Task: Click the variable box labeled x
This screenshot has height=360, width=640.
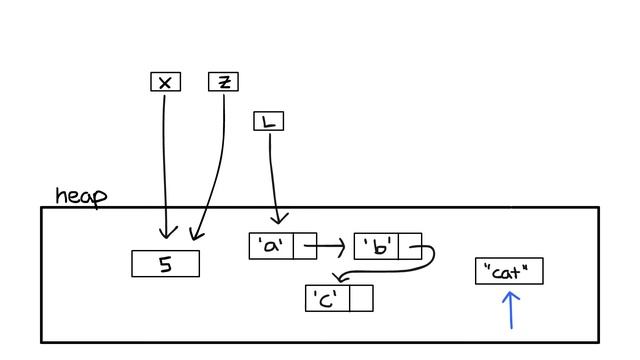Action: pos(165,82)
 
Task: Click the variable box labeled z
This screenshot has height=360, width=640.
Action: pos(223,81)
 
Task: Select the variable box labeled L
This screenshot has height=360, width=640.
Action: pos(268,122)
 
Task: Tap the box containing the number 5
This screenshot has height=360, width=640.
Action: pos(165,264)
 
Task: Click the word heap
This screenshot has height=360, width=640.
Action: pos(80,195)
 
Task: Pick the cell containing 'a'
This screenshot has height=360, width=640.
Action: pos(271,246)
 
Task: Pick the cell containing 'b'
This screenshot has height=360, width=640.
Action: pos(377,246)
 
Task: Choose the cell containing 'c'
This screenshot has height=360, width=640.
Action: pos(327,298)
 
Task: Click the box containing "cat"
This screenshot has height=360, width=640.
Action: pos(509,271)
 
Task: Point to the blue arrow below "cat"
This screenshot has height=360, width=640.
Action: pos(511,310)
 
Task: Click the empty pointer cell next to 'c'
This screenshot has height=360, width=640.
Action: pos(361,298)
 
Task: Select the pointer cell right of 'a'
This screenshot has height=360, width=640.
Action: pos(305,246)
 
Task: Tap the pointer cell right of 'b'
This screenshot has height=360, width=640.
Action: pos(410,246)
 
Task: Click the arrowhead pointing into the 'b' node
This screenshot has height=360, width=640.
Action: pos(342,245)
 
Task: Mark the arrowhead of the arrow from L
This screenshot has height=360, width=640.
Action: pos(279,221)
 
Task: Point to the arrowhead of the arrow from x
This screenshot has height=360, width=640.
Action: pos(167,236)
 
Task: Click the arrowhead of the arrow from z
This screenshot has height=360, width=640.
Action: pos(194,237)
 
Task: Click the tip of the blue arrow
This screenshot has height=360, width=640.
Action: pos(511,292)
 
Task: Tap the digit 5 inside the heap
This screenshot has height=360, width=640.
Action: pos(165,265)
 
